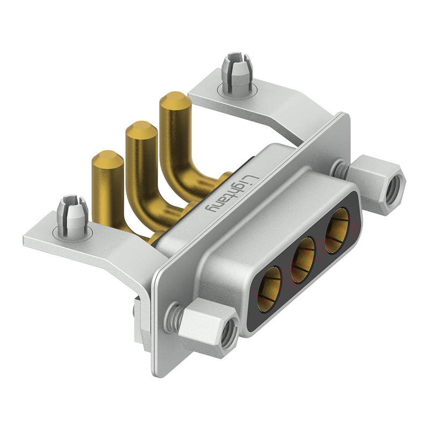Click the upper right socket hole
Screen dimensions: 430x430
[337, 231]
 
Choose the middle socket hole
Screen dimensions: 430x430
[303, 260]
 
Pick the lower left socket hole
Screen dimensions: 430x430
[270, 289]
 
